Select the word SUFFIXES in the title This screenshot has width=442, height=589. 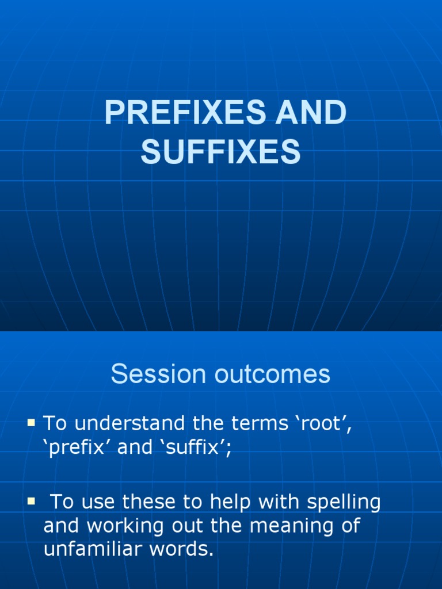(x=221, y=152)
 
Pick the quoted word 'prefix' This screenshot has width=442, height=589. (x=78, y=448)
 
